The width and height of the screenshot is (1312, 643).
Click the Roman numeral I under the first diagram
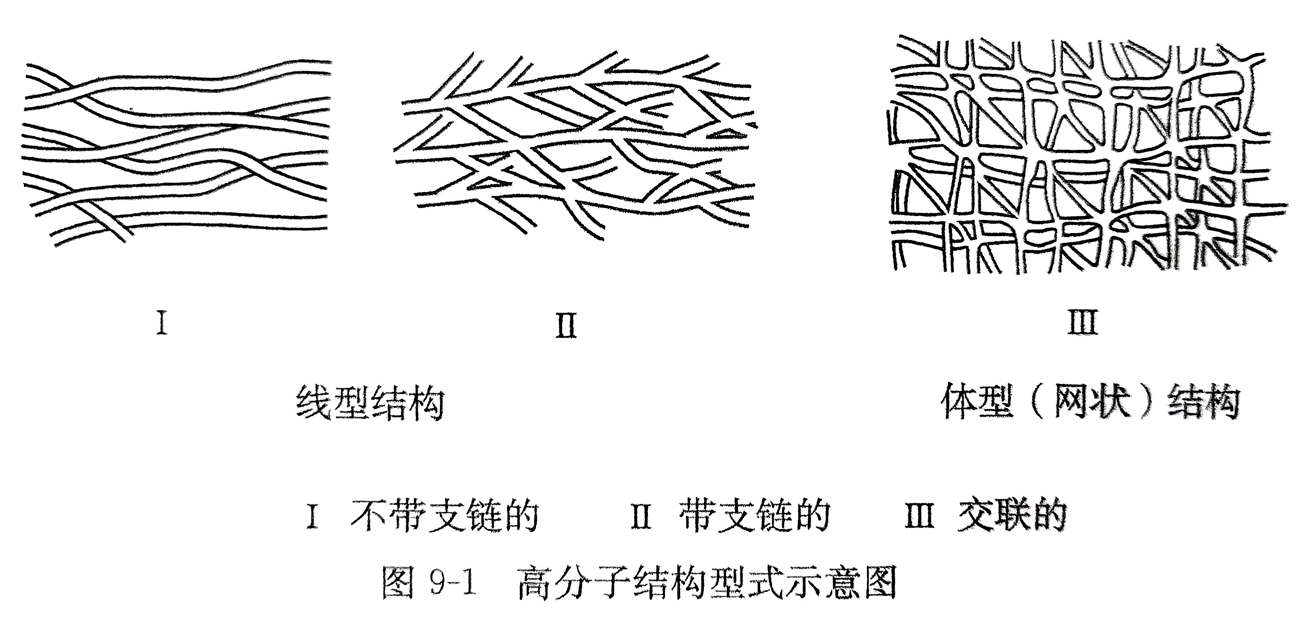click(162, 323)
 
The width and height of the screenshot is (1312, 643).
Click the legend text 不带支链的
click(445, 516)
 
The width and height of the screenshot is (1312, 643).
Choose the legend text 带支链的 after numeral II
click(755, 516)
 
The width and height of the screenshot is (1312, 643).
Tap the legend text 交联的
click(1012, 516)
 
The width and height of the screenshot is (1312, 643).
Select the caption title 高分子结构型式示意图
click(707, 583)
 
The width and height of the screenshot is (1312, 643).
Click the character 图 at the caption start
click(398, 583)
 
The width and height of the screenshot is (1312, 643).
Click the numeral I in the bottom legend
click(313, 516)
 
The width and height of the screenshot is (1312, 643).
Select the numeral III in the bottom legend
click(920, 516)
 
